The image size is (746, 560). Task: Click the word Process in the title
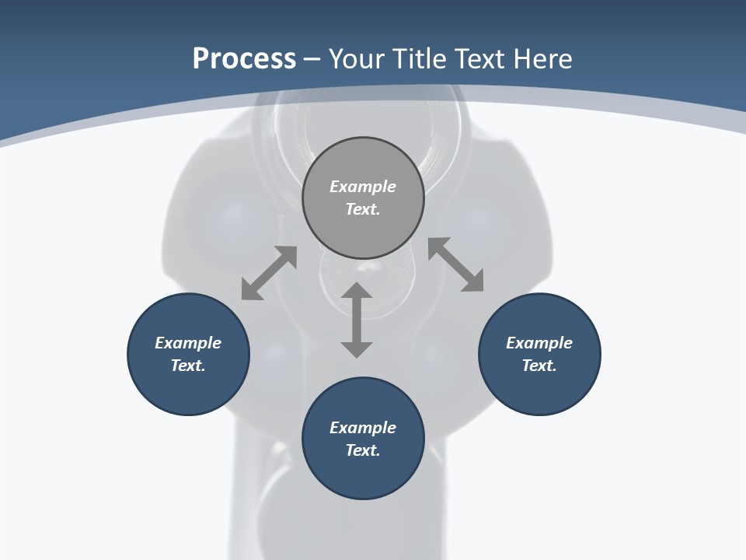pos(244,59)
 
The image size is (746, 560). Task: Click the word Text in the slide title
pos(481,59)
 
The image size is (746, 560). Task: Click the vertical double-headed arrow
pos(357,320)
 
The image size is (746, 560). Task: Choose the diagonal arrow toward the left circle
pos(269,273)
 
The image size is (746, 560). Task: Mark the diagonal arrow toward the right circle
pos(456,264)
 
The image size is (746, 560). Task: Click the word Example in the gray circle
pos(363,187)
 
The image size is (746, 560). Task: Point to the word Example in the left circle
pos(188,343)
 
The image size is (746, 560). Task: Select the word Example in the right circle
pos(539,343)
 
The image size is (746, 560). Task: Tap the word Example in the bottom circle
pos(363,428)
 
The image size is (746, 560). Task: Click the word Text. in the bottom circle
pos(363,450)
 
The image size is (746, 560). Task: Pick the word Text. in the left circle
pos(188,366)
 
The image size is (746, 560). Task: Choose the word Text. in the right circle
pos(539,366)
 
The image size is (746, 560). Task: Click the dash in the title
pos(312,59)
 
